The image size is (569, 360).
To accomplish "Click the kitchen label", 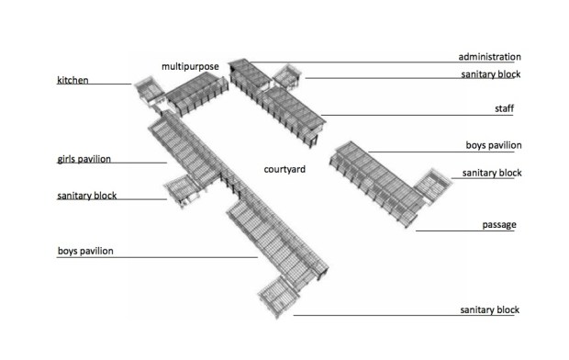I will click(73, 81).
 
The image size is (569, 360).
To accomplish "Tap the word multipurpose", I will click(190, 66).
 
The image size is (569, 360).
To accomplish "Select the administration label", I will click(489, 56).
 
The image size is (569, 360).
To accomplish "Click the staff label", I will click(504, 109).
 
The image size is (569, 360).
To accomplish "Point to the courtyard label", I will click(284, 170).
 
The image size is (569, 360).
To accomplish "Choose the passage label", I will click(498, 225).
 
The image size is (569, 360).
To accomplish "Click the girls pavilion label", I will click(84, 159).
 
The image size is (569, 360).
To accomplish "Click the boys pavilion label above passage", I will click(494, 145).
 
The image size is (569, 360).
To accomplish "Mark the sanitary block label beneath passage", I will click(489, 310).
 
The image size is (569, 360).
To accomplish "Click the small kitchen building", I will click(147, 89).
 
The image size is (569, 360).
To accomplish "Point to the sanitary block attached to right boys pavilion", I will click(430, 183).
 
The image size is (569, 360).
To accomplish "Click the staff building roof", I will click(291, 108).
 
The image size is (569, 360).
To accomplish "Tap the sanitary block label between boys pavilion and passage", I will click(491, 173).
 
